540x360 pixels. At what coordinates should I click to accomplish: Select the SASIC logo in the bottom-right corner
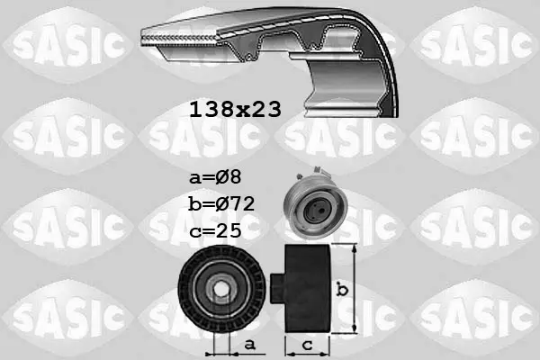click(475, 316)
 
